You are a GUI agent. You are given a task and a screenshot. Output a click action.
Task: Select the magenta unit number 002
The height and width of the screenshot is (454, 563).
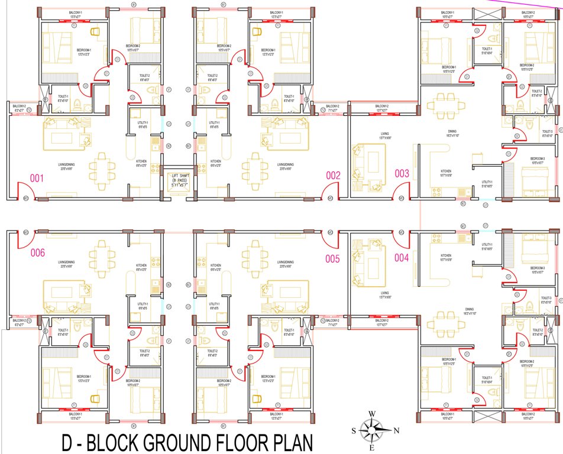click(x=334, y=175)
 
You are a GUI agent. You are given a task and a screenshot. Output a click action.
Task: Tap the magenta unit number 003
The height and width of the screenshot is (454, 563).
click(x=402, y=173)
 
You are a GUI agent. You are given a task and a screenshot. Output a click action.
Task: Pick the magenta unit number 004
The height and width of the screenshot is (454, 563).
click(x=402, y=257)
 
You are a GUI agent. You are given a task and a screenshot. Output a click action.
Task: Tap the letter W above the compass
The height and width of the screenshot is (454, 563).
click(x=371, y=414)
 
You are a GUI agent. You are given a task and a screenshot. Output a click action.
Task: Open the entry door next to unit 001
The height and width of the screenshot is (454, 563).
click(x=25, y=190)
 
